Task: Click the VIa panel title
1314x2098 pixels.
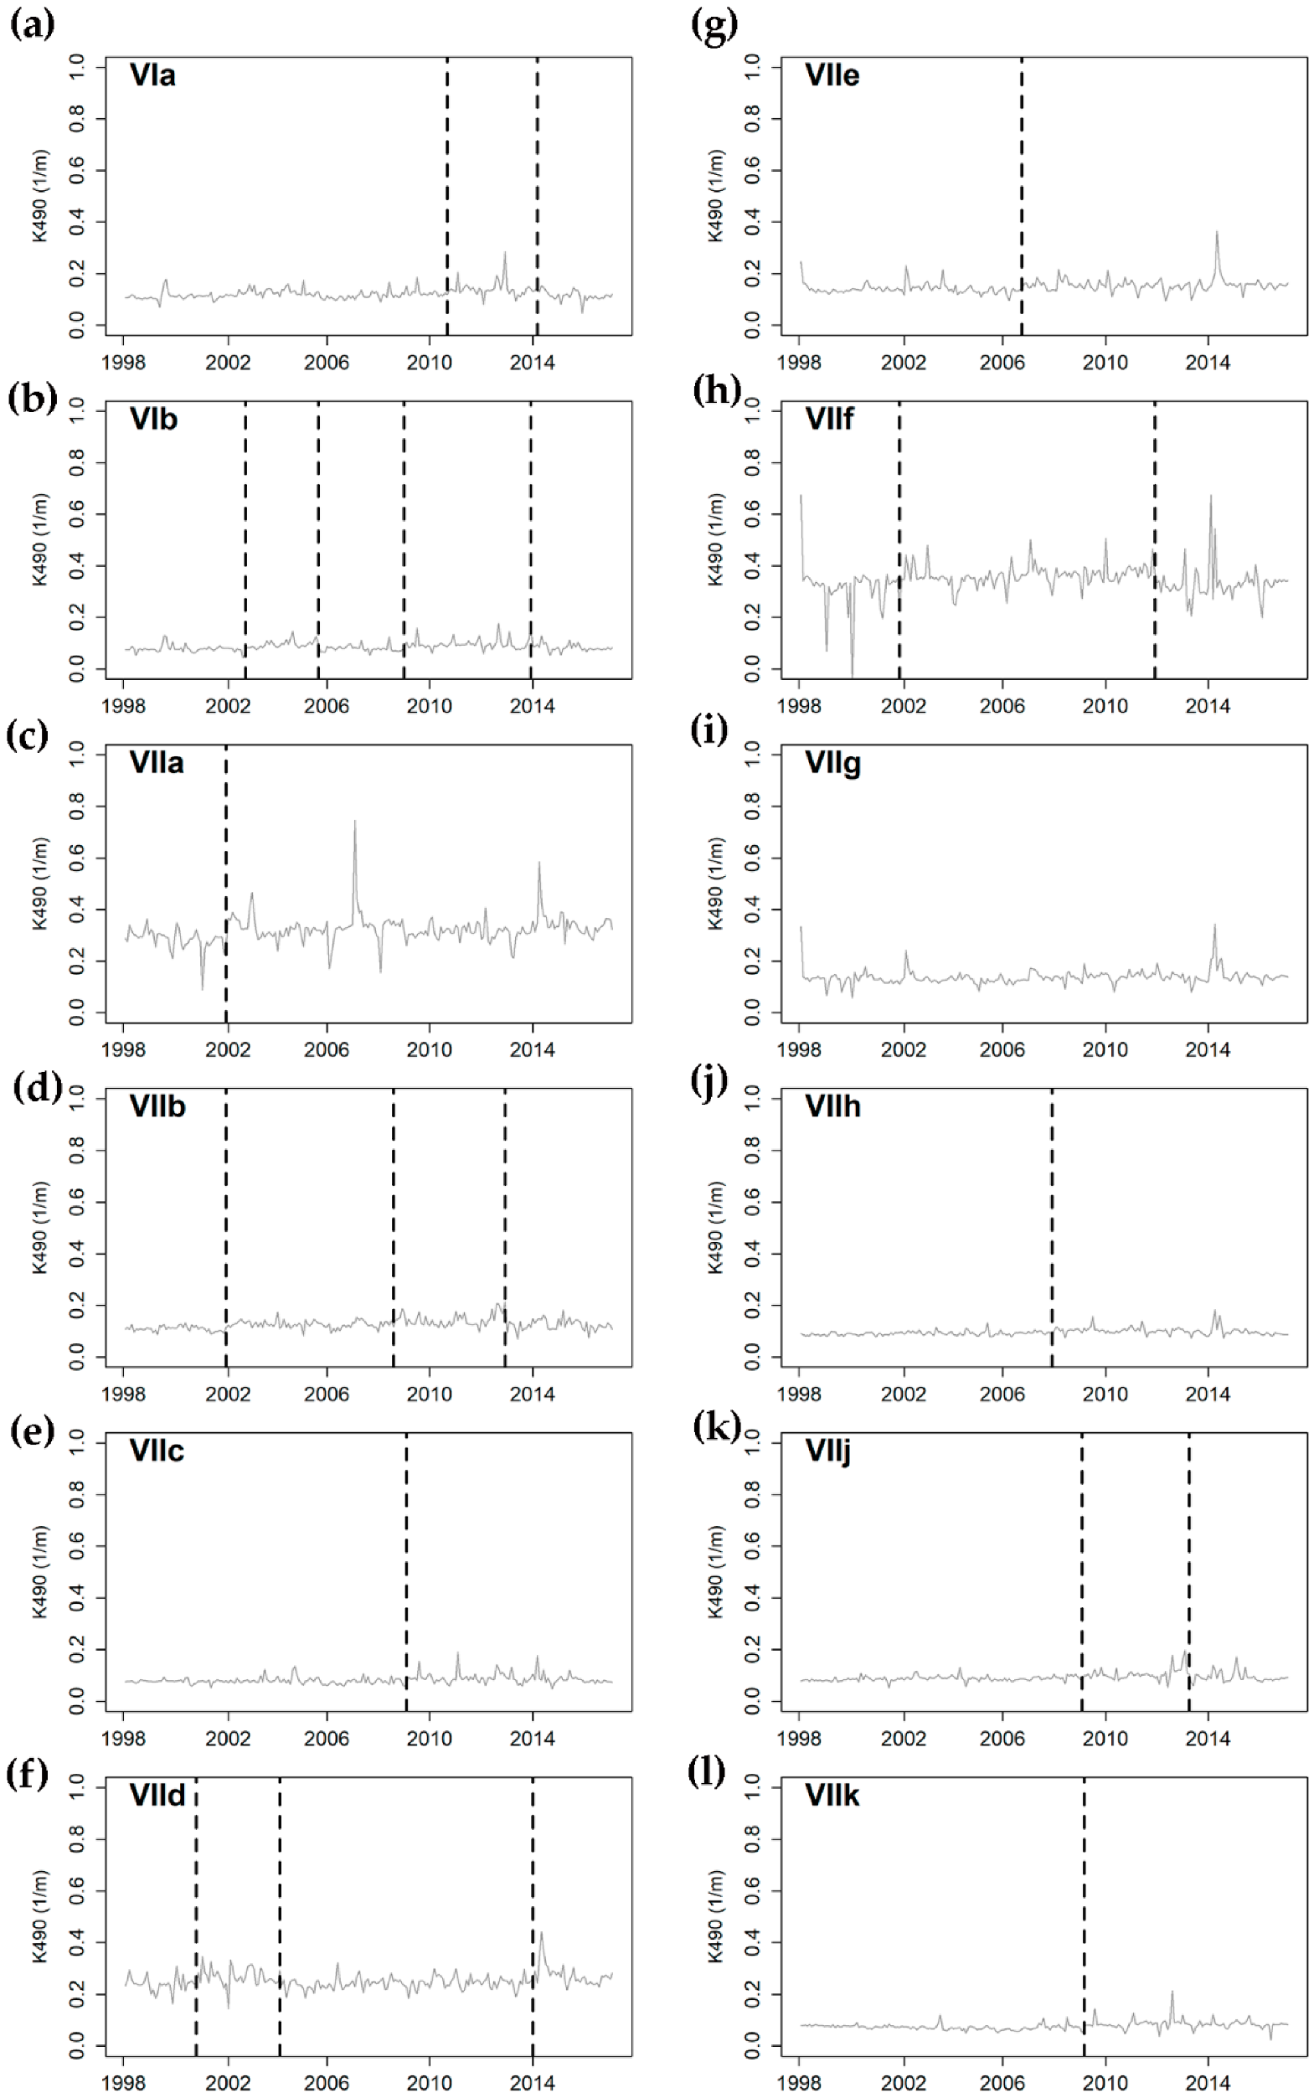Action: [152, 75]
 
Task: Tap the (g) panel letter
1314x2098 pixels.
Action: [714, 25]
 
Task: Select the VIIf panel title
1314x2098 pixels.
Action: [829, 419]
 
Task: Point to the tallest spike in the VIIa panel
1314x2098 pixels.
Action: [354, 822]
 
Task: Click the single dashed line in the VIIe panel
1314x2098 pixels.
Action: [1021, 195]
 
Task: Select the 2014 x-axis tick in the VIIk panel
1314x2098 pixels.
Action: [1207, 2082]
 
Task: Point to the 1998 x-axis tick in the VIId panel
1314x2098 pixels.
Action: [123, 2082]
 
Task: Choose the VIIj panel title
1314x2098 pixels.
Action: [827, 1451]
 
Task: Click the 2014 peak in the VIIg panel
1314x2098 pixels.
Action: [1215, 925]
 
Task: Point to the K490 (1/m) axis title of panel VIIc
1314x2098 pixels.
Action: [40, 1572]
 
